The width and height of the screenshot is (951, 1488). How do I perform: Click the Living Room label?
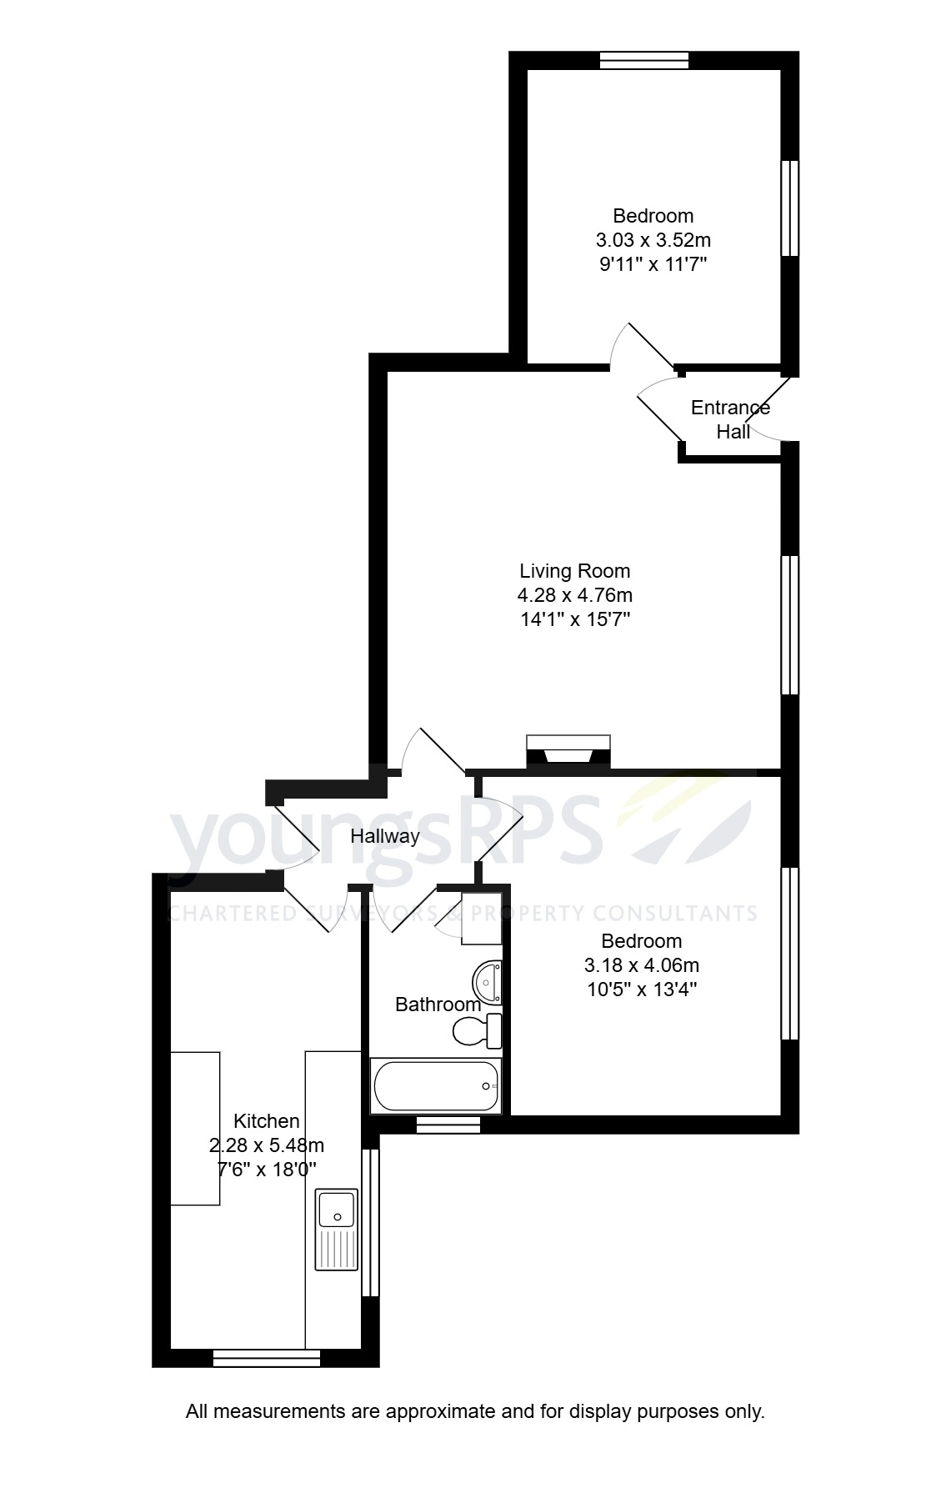(574, 571)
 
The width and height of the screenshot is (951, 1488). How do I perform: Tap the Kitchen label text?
(266, 1121)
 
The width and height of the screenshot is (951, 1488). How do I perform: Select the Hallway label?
(384, 835)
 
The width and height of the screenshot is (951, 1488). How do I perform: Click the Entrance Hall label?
(730, 419)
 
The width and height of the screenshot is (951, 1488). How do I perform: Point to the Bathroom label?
(438, 1005)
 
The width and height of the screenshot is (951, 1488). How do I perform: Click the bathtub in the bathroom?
(436, 1086)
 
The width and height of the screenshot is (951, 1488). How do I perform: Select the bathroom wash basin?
(487, 981)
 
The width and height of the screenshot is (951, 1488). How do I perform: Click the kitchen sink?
(336, 1229)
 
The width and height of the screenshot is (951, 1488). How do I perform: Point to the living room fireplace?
(568, 751)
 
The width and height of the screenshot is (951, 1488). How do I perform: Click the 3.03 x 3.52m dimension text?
(653, 241)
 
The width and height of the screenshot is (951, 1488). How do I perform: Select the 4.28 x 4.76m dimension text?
(574, 595)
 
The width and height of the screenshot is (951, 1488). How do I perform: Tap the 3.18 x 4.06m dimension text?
(641, 965)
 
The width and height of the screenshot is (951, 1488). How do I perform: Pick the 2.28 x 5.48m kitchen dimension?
(266, 1145)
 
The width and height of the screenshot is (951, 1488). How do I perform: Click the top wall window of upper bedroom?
(643, 60)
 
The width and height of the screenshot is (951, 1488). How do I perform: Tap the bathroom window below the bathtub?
(448, 1125)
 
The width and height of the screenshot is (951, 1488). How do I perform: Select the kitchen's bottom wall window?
(267, 1358)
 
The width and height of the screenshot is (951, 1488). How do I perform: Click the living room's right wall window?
(789, 625)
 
